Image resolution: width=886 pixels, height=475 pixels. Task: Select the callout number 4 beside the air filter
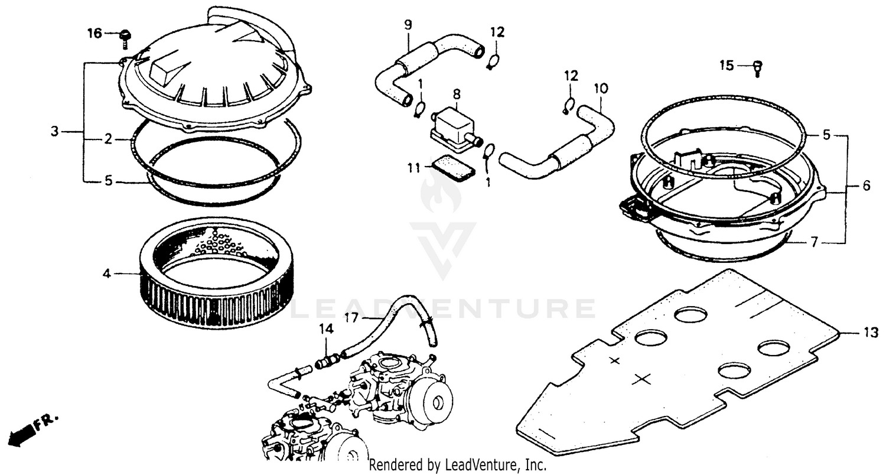pyautogui.click(x=107, y=274)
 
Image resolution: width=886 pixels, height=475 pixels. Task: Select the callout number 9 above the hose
pyautogui.click(x=408, y=25)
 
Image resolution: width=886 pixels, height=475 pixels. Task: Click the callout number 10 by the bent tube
pyautogui.click(x=600, y=89)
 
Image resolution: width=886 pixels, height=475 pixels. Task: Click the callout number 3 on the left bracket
pyautogui.click(x=54, y=131)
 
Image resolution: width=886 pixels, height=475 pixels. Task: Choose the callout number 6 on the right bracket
pyautogui.click(x=867, y=185)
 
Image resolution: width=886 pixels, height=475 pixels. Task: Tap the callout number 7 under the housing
pyautogui.click(x=813, y=242)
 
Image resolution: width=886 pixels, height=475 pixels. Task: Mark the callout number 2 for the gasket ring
pyautogui.click(x=108, y=139)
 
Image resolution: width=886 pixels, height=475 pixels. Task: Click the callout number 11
pyautogui.click(x=414, y=168)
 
